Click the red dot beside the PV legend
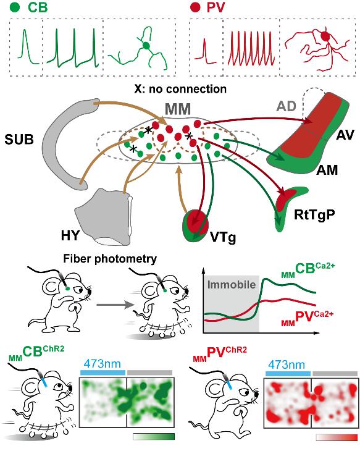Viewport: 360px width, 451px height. pos(196,7)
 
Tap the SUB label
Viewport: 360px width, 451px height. pos(19,140)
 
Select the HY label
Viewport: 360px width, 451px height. pos(70,235)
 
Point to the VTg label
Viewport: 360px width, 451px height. pos(223,238)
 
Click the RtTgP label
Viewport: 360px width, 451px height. pos(314,215)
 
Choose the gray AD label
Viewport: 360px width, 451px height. pos(286,107)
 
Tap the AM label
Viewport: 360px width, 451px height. pos(327,171)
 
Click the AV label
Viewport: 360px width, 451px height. pos(345,135)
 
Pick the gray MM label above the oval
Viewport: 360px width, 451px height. pos(178,109)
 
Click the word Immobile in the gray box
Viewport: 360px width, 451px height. pos(232,284)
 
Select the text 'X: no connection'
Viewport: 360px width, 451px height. pos(180,89)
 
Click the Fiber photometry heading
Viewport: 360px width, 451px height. pos(110,259)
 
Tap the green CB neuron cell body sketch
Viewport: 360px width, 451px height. pos(146,46)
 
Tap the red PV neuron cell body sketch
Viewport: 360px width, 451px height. pos(325,36)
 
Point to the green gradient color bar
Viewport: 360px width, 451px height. pos(154,437)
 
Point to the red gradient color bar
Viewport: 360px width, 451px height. pos(337,437)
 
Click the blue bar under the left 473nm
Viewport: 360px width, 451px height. pos(103,373)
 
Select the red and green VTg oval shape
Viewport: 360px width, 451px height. pos(196,225)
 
